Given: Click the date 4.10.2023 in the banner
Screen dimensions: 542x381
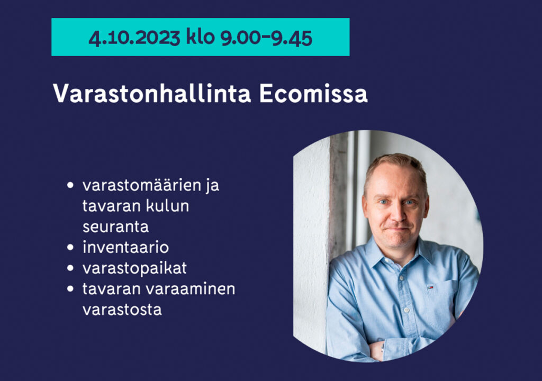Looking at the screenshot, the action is (x=134, y=38).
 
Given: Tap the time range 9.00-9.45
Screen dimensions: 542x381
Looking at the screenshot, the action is (x=267, y=38).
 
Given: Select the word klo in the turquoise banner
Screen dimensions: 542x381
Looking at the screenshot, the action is (x=201, y=37).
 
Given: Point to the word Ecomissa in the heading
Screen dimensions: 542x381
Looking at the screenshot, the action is (x=313, y=93).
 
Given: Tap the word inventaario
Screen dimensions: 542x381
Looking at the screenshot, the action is (x=126, y=247).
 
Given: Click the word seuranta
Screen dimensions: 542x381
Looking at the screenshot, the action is (x=116, y=227).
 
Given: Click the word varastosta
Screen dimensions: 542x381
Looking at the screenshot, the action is (x=122, y=310).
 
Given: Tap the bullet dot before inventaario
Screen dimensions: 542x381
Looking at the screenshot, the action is (x=70, y=248).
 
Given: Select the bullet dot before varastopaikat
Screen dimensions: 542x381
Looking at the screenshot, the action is (x=70, y=268).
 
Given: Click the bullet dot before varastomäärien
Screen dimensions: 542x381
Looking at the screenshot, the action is (x=70, y=185).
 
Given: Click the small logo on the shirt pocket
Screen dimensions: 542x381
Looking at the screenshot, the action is (x=430, y=287).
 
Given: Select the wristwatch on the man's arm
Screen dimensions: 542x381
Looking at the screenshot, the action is (x=383, y=347).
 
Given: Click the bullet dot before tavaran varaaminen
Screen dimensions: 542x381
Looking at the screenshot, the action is (x=70, y=289).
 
